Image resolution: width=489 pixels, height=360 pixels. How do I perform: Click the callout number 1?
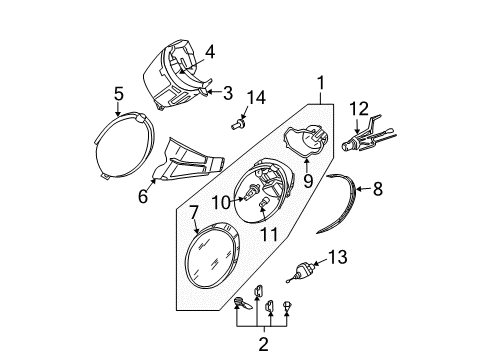point(321,83)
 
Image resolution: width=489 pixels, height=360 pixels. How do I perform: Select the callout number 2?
point(263,344)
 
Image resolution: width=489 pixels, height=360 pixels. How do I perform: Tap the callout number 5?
point(119,94)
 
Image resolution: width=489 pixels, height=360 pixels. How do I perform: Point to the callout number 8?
point(378,189)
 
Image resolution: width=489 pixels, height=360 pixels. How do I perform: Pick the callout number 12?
point(359,109)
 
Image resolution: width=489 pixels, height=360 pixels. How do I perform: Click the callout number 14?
point(256,98)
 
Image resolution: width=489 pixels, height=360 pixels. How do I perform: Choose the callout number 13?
point(338,257)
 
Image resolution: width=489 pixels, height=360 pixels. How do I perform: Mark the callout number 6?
point(143,196)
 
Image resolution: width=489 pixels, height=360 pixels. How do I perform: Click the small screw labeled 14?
point(238,125)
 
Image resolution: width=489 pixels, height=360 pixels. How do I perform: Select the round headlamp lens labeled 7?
point(212,255)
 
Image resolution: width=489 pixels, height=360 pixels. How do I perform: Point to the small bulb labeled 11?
point(263,203)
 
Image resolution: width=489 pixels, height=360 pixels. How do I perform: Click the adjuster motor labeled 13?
point(302,271)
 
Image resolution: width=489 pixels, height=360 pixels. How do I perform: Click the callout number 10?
point(221,202)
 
